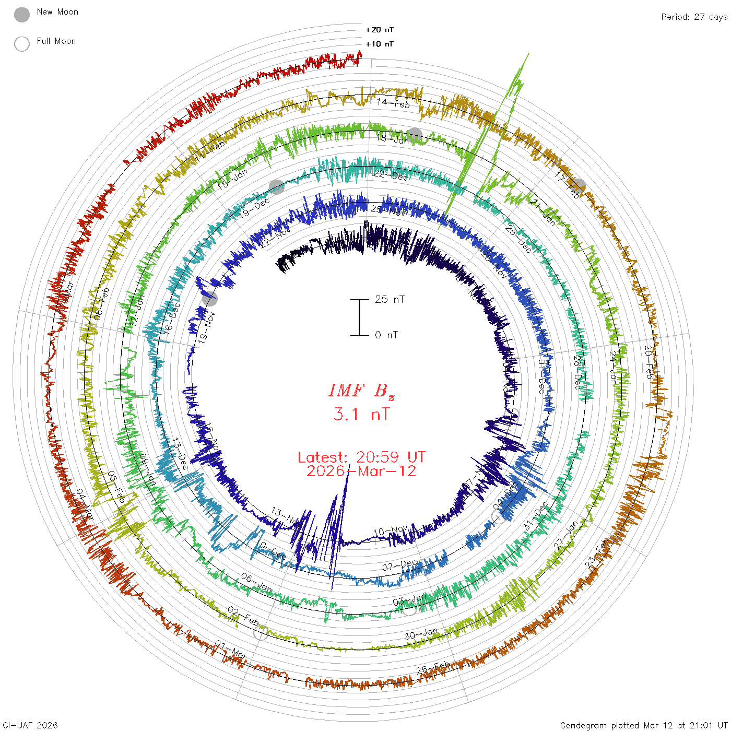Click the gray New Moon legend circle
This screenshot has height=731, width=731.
(22, 15)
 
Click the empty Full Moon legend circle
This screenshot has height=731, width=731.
(22, 44)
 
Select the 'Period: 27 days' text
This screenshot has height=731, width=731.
(694, 17)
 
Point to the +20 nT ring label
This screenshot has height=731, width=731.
(380, 30)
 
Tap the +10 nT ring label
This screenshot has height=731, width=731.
(380, 44)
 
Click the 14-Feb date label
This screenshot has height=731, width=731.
(393, 103)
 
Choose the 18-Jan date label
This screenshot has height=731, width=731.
(393, 139)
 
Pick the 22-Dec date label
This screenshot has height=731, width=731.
(391, 175)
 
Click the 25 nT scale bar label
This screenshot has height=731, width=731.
(390, 299)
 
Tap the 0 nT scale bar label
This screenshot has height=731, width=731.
(386, 335)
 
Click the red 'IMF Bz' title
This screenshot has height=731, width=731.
(361, 391)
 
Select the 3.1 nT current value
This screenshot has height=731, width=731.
(361, 415)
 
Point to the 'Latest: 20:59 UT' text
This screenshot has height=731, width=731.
(361, 457)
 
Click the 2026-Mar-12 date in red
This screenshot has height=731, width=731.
(361, 471)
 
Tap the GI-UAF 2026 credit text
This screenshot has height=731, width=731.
(30, 725)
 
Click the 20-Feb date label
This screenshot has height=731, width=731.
(648, 362)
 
